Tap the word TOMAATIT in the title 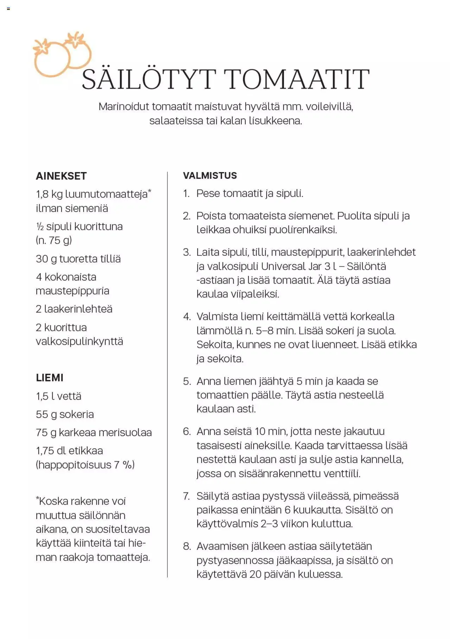(296, 80)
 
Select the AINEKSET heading (61, 176)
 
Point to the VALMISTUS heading (210, 176)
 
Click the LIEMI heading (50, 378)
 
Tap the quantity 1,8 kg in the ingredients (49, 194)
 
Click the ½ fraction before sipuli (40, 227)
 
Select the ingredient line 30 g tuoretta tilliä (78, 259)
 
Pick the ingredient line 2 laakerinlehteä (74, 309)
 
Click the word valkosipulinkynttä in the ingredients (79, 342)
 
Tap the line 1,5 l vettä (58, 397)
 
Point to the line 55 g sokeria (65, 415)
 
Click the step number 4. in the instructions (187, 317)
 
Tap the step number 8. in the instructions (187, 546)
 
